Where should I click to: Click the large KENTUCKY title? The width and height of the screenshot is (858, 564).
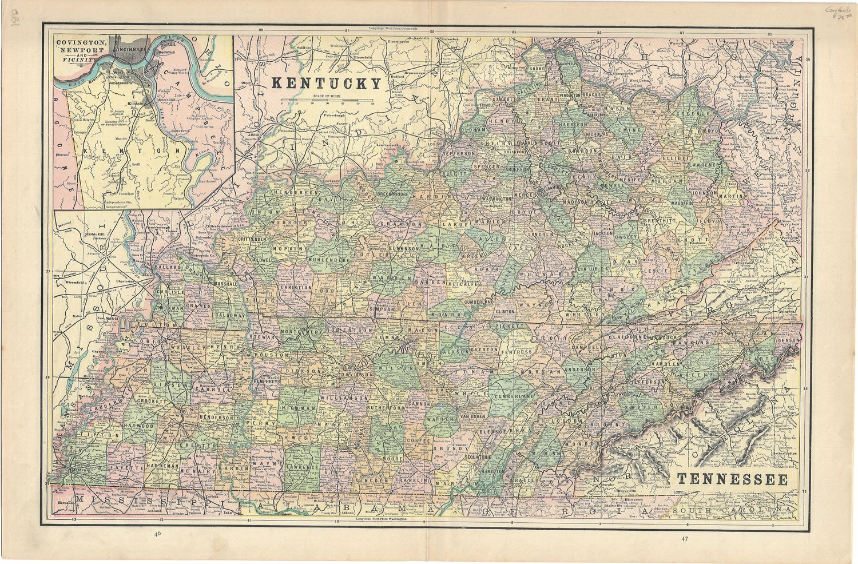[x=325, y=84]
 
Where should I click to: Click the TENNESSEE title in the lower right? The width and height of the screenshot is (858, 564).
[x=732, y=479]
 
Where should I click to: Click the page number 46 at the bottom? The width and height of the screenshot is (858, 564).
[x=157, y=534]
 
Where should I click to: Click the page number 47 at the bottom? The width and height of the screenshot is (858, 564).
[x=685, y=538]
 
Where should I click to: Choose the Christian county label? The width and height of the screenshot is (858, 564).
[x=296, y=288]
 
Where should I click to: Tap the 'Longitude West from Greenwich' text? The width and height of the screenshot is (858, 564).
[x=395, y=27]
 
